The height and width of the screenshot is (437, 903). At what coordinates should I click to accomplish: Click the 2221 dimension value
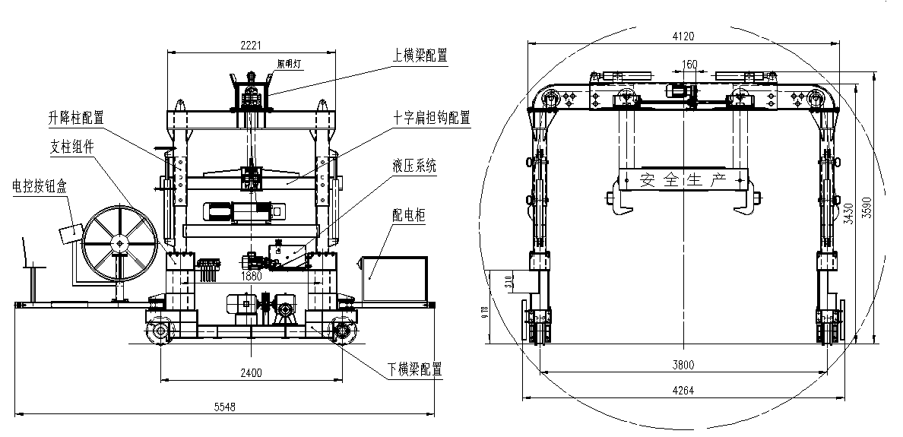click(251, 46)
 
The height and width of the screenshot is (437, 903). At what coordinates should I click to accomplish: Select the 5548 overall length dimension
click(225, 407)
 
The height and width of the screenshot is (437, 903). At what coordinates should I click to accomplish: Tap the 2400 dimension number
click(251, 372)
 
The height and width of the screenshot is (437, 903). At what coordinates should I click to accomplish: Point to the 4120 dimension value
click(683, 35)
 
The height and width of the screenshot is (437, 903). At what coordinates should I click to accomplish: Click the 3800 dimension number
click(683, 365)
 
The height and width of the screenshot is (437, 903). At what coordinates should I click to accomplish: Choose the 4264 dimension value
click(683, 391)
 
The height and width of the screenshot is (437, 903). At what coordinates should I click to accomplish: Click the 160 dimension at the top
click(689, 65)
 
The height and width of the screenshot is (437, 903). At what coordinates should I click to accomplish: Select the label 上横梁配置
click(420, 55)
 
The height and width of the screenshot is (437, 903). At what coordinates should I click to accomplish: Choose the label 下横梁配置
click(414, 369)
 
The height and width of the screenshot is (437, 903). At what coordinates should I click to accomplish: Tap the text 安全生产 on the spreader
click(683, 180)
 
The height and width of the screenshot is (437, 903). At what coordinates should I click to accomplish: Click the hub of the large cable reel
click(119, 242)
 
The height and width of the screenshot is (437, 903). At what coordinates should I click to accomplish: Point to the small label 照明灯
click(290, 65)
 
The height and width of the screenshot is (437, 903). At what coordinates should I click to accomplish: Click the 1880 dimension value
click(252, 276)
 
